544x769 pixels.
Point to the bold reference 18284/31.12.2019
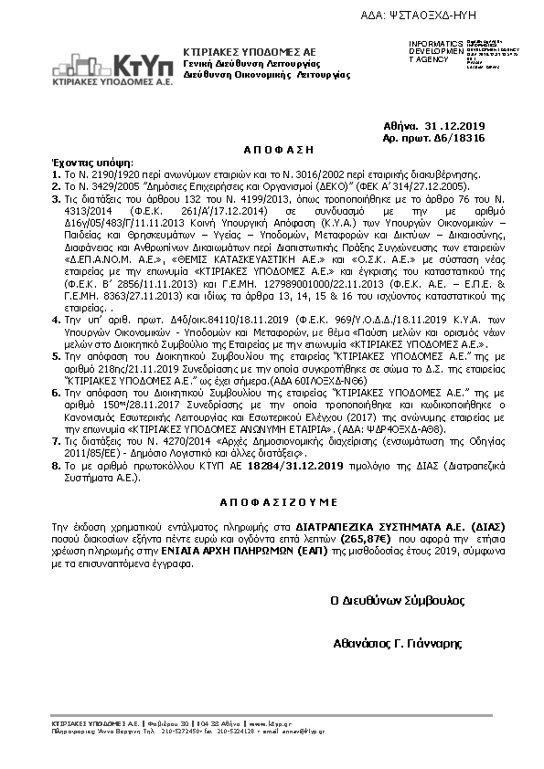coord(293,465)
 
